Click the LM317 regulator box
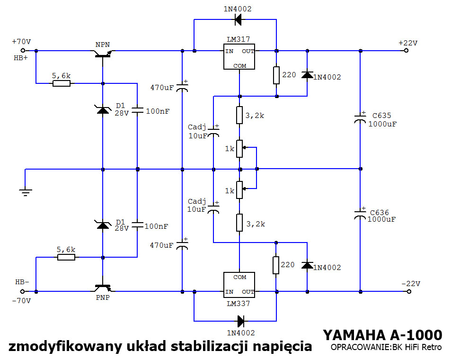pos(239,57)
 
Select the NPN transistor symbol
pos(103,54)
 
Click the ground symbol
pos(26,191)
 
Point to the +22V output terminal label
pos(408,43)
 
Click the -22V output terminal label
pos(410,283)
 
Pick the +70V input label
pos(21,42)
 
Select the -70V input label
pos(21,301)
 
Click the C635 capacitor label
pos(381,116)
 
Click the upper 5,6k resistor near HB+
pos(62,83)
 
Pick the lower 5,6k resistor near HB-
pos(66,257)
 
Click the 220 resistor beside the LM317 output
pos(276,75)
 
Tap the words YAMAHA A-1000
pos(382,335)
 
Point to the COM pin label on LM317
pos(240,66)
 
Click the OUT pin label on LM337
pos(248,292)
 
